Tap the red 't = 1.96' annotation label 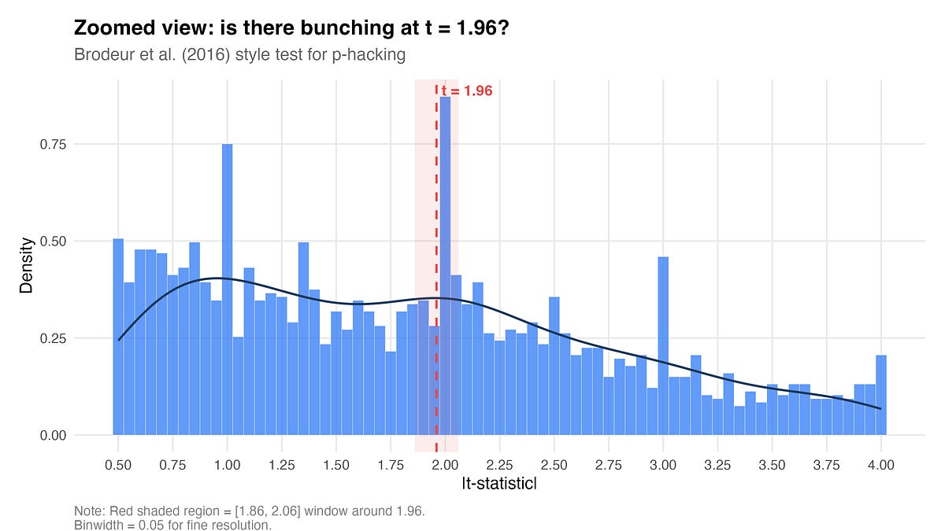point(467,91)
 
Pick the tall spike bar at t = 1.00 point(227,291)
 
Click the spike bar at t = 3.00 point(663,346)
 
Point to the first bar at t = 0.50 point(118,338)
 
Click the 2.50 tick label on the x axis point(554,465)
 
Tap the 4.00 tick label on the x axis point(880,465)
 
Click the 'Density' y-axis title point(26,265)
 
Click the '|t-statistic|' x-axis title point(499,485)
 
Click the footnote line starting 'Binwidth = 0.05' point(172,525)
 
